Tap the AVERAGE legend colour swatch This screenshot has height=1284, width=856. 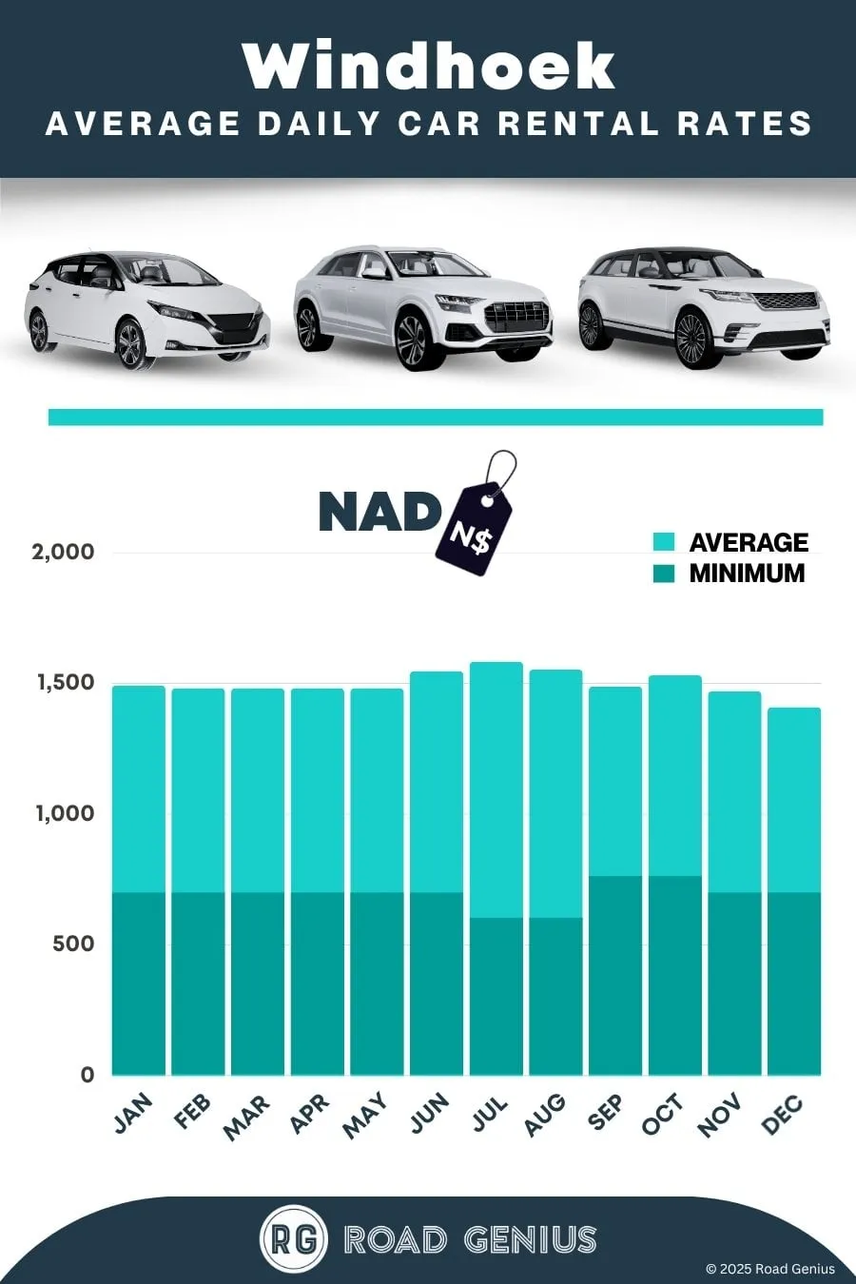pyautogui.click(x=664, y=542)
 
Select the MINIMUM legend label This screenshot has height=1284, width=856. pyautogui.click(x=747, y=574)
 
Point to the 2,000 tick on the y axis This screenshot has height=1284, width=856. pyautogui.click(x=63, y=552)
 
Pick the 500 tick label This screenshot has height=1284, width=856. pyautogui.click(x=73, y=944)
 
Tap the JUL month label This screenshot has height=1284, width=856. pyautogui.click(x=490, y=1116)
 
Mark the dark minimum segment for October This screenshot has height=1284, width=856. pyautogui.click(x=675, y=976)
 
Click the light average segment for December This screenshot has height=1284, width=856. pyautogui.click(x=794, y=800)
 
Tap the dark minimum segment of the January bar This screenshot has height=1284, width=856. pyautogui.click(x=139, y=983)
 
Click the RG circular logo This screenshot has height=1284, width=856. pyautogui.click(x=294, y=1239)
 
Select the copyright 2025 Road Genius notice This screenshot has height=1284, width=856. pyautogui.click(x=770, y=1269)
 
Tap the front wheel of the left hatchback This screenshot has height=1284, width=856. pyautogui.click(x=130, y=343)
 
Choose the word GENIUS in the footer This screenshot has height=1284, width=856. pyautogui.click(x=530, y=1240)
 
